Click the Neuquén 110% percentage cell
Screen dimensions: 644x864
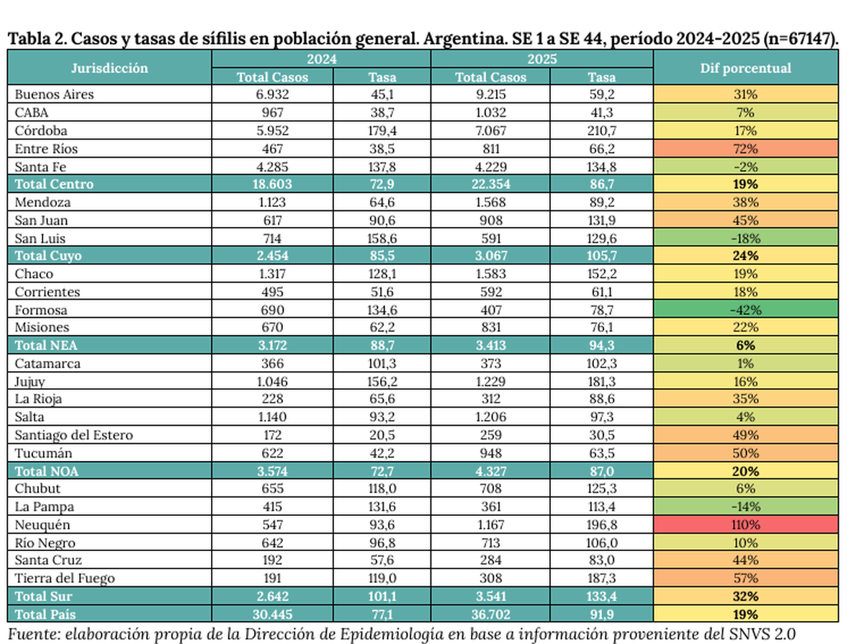click(745, 525)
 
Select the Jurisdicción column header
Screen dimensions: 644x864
click(109, 68)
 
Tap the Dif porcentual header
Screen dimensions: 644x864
click(745, 68)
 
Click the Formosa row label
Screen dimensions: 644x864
click(41, 310)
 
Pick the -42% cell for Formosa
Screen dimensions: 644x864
click(745, 310)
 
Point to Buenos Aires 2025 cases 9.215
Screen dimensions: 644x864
click(490, 94)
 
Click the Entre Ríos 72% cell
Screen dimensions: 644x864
click(745, 149)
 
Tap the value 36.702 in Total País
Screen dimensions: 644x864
click(490, 614)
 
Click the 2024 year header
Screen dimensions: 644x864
click(321, 59)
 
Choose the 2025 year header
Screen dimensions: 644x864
click(541, 59)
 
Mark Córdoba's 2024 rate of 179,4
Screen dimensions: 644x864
click(382, 131)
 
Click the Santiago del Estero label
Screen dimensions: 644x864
click(73, 435)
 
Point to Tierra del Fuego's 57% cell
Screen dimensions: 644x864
click(745, 578)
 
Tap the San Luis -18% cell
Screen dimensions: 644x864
click(745, 238)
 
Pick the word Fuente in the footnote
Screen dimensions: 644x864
click(31, 634)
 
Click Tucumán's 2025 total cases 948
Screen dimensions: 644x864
click(490, 453)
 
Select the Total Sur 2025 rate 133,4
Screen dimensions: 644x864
click(601, 596)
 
